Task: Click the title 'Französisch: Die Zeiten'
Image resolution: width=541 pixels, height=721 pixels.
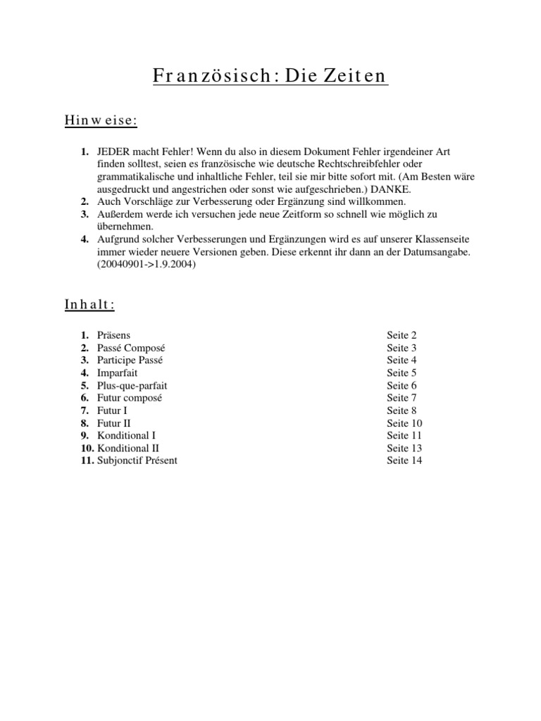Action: coord(270,76)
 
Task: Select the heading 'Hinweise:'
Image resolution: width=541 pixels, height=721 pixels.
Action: coord(101,121)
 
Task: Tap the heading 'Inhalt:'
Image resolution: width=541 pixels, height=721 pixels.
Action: coord(89,304)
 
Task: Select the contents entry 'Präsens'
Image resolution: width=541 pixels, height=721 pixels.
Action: coord(113,335)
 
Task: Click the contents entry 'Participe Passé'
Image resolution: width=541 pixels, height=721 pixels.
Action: coord(130,360)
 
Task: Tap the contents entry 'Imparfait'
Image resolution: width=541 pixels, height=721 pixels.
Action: coord(118,373)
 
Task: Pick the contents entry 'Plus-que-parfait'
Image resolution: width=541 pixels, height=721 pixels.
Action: coord(132,386)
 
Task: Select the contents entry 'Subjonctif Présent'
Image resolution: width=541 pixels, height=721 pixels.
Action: coord(137,461)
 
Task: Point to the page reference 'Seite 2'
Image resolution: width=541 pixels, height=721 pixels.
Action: coord(402,335)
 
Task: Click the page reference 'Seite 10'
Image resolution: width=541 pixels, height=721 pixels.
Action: coord(404,423)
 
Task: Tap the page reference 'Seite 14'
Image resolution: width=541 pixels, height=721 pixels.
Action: coord(404,461)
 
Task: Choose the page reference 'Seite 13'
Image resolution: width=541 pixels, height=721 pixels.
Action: coord(404,449)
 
